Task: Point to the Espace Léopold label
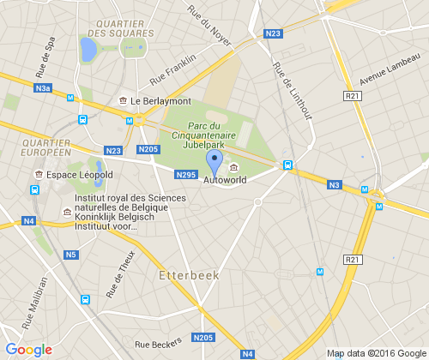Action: [x=79, y=175]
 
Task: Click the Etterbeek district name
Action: [x=190, y=276]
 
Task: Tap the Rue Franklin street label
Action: [x=172, y=69]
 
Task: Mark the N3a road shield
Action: [x=44, y=88]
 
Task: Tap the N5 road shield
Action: [x=70, y=255]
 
